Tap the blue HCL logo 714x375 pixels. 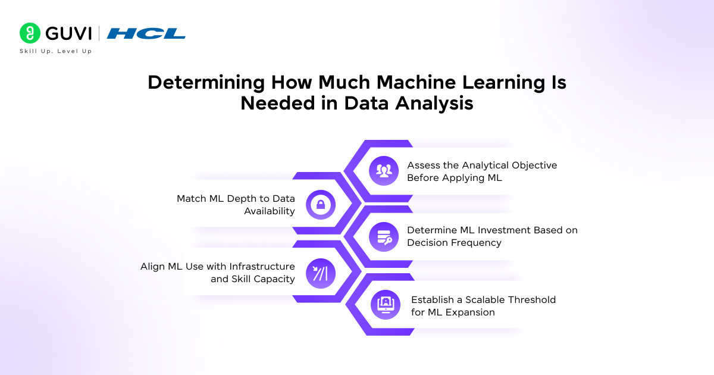146,34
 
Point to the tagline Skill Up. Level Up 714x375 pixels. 56,51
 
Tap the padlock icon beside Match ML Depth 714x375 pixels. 321,205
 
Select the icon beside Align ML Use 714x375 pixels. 321,273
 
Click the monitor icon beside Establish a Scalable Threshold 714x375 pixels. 385,305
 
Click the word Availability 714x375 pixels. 270,211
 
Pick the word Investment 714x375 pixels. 497,230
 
